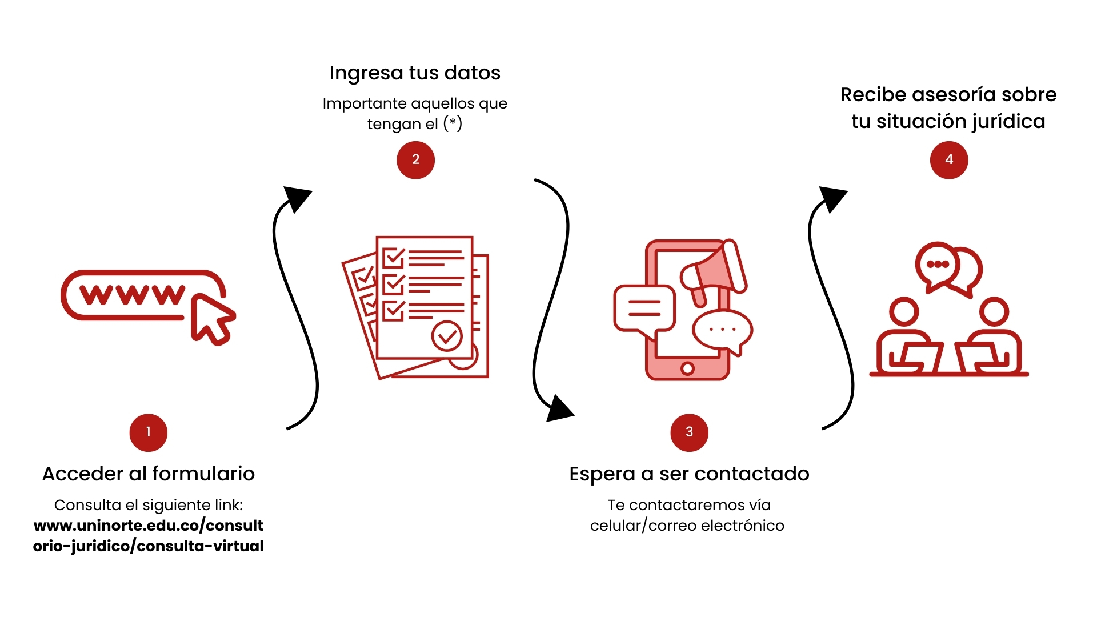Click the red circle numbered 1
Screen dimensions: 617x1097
coord(149,432)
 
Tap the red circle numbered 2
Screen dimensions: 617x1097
coord(415,160)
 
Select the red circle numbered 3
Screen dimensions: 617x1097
coord(689,432)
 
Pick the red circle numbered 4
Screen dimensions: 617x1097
coord(949,160)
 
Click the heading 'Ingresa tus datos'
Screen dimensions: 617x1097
coord(415,73)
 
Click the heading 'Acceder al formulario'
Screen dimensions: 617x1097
coord(149,474)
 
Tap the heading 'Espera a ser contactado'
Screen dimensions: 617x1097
coord(689,474)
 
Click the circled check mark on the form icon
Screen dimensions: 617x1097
coord(447,336)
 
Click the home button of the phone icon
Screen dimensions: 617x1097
coord(688,368)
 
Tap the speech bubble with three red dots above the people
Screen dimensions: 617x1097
coord(937,265)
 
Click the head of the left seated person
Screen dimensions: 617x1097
coord(904,312)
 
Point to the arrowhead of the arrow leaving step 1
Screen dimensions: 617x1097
coord(297,198)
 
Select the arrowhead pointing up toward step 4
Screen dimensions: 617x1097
coord(832,198)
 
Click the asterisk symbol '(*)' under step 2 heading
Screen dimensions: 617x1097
coord(453,123)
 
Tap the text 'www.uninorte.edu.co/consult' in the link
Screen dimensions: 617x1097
coord(149,525)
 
